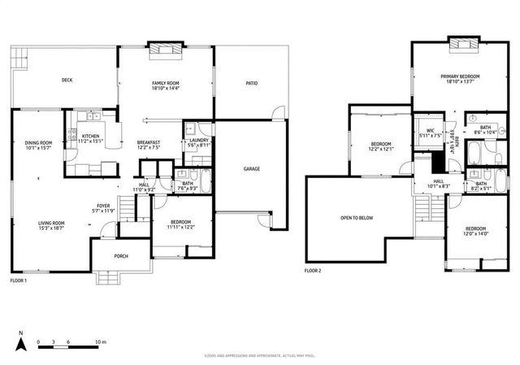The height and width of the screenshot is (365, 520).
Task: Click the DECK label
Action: (68, 80)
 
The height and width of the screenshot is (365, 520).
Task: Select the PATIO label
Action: (252, 83)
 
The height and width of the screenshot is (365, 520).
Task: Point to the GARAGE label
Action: (252, 169)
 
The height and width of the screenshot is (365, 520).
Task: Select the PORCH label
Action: (121, 257)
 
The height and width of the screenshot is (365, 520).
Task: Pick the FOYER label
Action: (104, 208)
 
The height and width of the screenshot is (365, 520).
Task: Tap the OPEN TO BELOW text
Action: (357, 218)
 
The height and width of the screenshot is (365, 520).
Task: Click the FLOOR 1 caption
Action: (19, 280)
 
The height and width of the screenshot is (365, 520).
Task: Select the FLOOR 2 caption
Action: (314, 270)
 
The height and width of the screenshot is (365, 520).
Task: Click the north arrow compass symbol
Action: (22, 342)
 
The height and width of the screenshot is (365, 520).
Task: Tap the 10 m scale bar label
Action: (101, 341)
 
